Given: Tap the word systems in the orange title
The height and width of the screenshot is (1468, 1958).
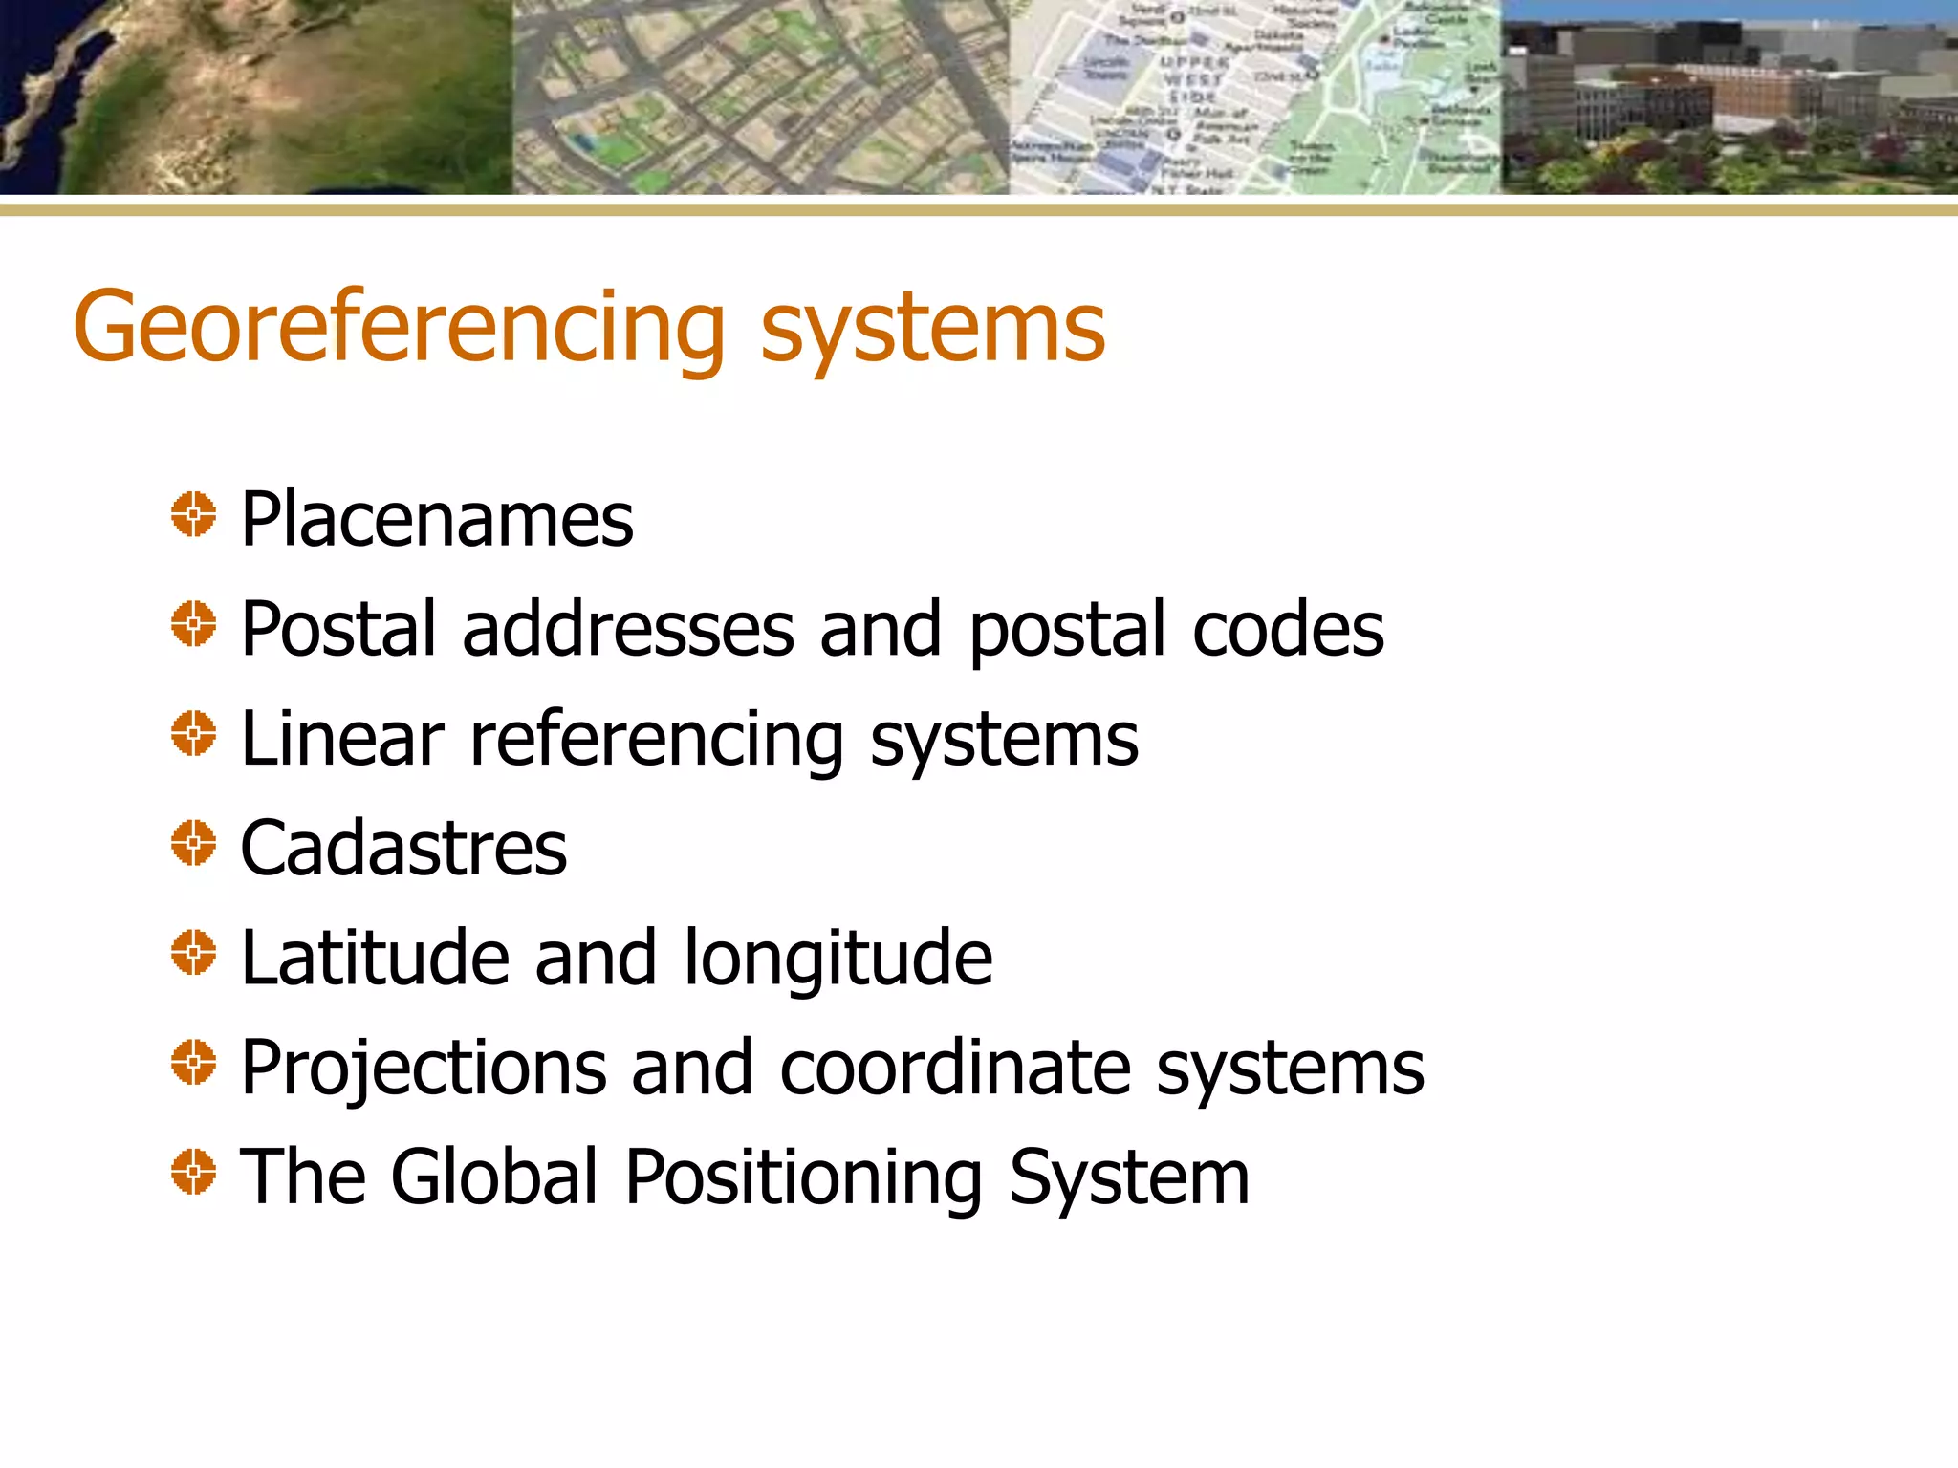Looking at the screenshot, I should point(932,328).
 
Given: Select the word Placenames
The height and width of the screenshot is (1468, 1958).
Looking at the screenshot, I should point(437,519).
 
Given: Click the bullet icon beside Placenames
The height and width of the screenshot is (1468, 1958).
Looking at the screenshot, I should point(193,514).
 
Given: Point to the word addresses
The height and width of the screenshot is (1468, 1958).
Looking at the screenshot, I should point(628,629).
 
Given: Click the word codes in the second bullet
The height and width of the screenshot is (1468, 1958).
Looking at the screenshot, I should point(1288,629).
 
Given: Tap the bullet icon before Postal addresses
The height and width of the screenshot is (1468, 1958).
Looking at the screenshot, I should point(193,623).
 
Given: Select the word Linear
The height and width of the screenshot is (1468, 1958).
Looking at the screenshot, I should point(342,739).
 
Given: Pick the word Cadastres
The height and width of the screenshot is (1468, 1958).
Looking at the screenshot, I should point(403,848).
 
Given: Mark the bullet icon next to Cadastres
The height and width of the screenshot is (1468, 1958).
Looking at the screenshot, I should point(193,842).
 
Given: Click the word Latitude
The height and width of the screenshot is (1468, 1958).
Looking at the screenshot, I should point(375,958).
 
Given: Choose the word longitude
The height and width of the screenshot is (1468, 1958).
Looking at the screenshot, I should point(838,960).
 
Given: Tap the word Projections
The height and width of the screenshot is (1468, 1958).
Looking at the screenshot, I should point(424,1069).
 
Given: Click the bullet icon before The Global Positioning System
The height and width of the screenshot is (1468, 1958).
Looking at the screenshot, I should point(193,1171).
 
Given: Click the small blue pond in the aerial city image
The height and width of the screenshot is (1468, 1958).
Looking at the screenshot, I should point(582,144).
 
